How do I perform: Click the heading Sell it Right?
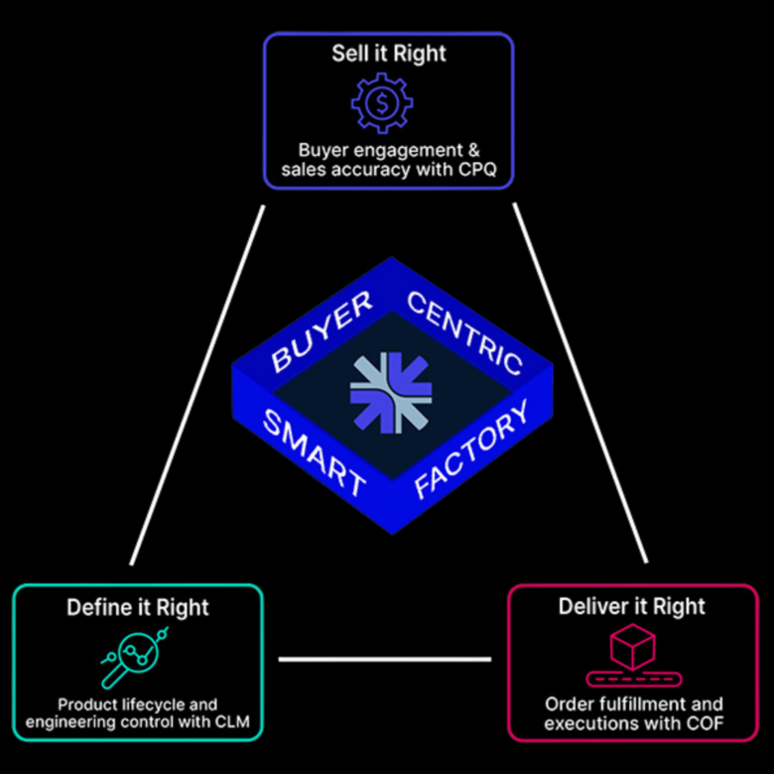click(x=387, y=53)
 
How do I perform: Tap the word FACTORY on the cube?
click(x=470, y=452)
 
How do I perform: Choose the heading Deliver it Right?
click(x=632, y=606)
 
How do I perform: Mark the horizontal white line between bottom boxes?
click(x=385, y=658)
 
